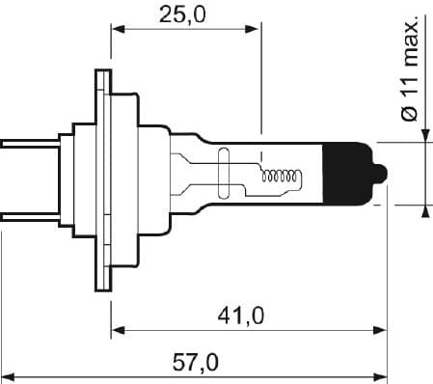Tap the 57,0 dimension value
click(x=195, y=362)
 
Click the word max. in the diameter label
click(x=409, y=42)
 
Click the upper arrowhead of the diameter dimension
click(x=424, y=135)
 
